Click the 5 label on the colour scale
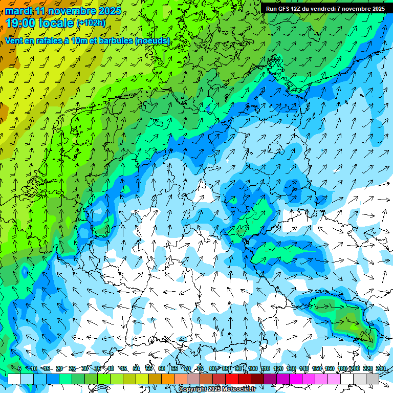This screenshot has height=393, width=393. coord(19,369)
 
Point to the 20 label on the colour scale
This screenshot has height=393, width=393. coord(59,369)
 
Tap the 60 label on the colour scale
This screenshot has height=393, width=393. coord(162,369)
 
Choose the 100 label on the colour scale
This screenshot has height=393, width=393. coord(252,369)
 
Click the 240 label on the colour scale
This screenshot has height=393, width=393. coord(380,369)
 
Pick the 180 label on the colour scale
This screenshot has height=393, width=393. coord(342,369)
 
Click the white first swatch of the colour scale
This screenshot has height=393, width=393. coord(14,379)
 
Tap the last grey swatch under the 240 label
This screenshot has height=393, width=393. coord(373,379)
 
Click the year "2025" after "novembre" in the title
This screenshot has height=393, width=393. coord(110,11)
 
